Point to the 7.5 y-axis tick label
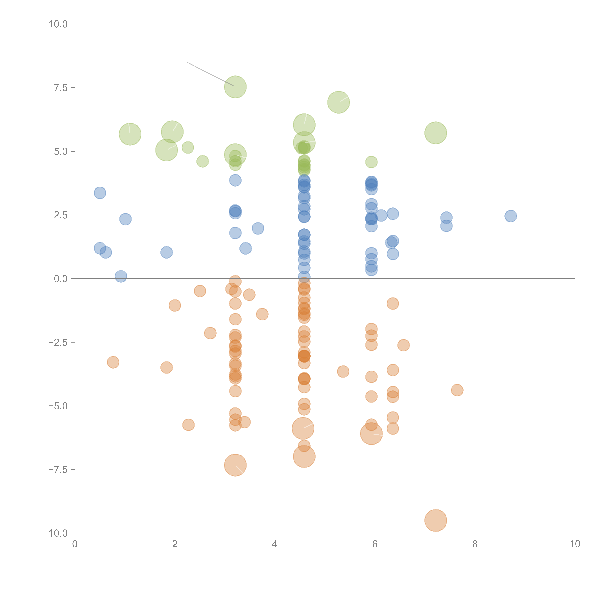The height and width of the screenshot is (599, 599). click(61, 88)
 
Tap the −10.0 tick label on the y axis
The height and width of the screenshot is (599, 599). click(55, 533)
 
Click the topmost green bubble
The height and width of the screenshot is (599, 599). click(235, 87)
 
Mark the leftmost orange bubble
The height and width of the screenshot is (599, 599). click(113, 362)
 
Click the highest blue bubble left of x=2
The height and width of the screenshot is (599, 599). click(100, 193)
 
